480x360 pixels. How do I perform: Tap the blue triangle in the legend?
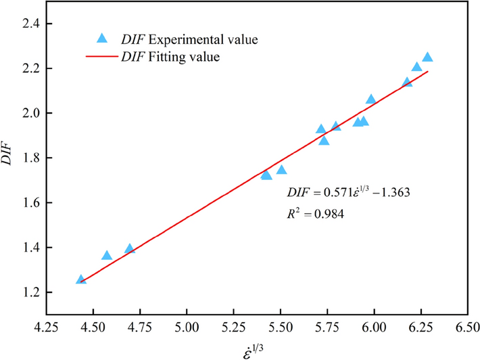click(102, 38)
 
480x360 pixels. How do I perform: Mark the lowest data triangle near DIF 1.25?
click(81, 279)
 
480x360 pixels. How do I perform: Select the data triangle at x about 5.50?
click(281, 170)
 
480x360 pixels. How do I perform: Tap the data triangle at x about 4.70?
click(130, 249)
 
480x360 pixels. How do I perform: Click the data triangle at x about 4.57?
click(106, 255)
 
